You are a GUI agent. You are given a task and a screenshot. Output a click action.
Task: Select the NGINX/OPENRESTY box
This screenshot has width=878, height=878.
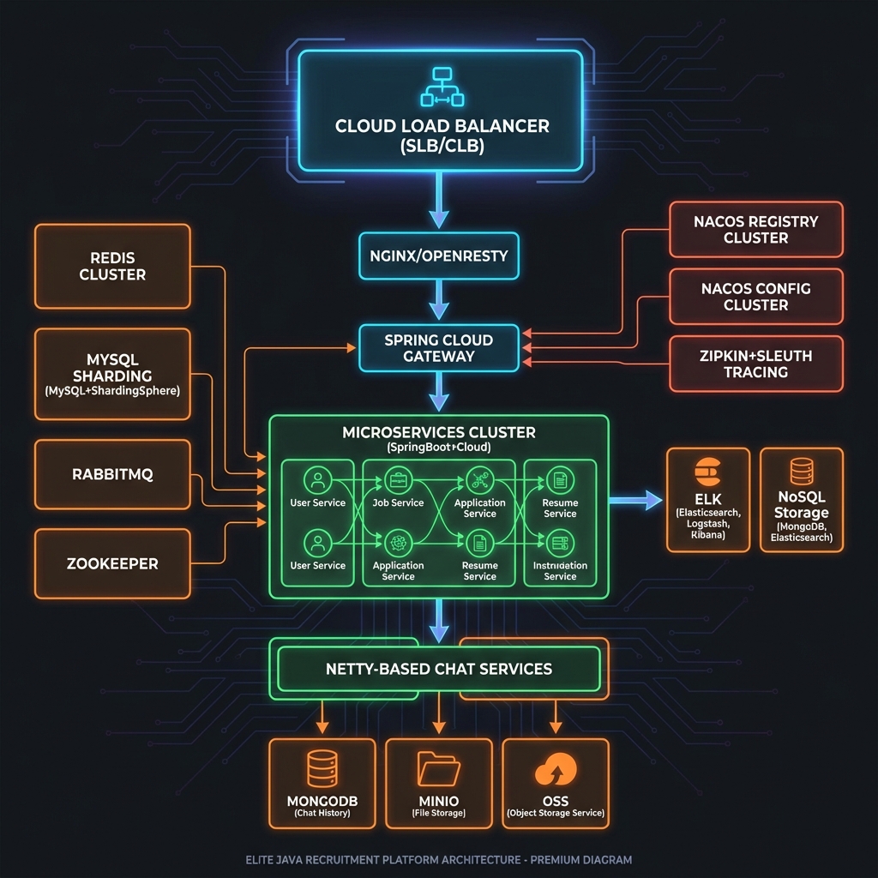[439, 256]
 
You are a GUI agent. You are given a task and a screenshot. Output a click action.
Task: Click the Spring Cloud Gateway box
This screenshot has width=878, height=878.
[439, 347]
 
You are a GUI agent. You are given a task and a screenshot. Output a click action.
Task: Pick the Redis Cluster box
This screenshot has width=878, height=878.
[112, 266]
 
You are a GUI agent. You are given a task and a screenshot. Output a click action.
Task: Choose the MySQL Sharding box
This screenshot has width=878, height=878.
[112, 374]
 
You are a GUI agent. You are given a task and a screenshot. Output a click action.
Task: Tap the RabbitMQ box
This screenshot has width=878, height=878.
[112, 474]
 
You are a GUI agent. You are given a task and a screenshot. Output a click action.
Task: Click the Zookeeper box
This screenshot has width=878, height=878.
[112, 563]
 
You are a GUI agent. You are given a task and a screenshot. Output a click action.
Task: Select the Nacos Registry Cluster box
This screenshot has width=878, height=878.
[755, 229]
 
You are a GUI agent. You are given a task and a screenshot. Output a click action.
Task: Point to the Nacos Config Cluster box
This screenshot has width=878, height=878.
[755, 297]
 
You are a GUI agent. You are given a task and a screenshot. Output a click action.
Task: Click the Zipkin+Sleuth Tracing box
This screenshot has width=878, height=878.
[755, 364]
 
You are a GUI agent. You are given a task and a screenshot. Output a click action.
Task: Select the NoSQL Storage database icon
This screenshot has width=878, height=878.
[802, 470]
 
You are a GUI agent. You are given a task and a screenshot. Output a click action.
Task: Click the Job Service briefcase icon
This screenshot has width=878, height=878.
[397, 479]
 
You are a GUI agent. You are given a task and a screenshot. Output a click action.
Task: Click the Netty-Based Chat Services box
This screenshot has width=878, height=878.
[439, 669]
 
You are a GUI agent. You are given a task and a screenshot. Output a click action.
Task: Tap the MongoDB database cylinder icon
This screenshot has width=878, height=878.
[322, 769]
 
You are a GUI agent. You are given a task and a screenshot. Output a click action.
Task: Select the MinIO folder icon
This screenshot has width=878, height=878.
[438, 769]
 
